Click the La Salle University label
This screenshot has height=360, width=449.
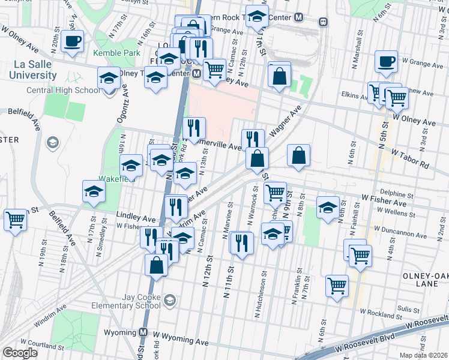(x=32, y=70)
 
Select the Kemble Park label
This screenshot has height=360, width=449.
(x=116, y=52)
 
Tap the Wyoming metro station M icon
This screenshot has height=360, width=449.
(x=143, y=332)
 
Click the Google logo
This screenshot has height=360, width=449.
(x=20, y=353)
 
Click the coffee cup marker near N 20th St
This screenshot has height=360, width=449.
(x=72, y=41)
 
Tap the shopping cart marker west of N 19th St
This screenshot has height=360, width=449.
(x=15, y=219)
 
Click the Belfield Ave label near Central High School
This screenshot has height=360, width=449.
(x=19, y=112)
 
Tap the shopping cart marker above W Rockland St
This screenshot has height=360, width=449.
(x=337, y=286)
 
